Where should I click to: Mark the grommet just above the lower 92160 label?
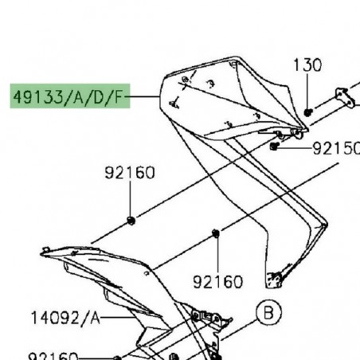click(215, 233)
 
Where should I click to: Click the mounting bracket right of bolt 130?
click(342, 100)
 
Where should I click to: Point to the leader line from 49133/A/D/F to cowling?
click(147, 100)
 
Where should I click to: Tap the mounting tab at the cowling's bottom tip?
click(275, 279)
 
